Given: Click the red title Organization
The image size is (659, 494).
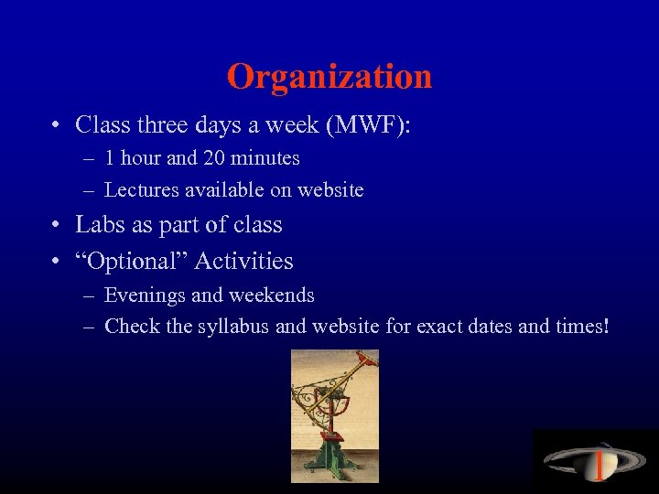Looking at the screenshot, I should [329, 76].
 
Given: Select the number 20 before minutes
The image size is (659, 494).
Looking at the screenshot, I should [213, 158].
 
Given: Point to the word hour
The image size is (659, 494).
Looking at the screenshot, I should [140, 158].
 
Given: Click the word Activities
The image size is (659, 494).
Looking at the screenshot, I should [243, 262].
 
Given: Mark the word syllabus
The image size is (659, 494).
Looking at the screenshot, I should [233, 327].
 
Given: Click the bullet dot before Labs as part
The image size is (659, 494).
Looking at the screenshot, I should [57, 226].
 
